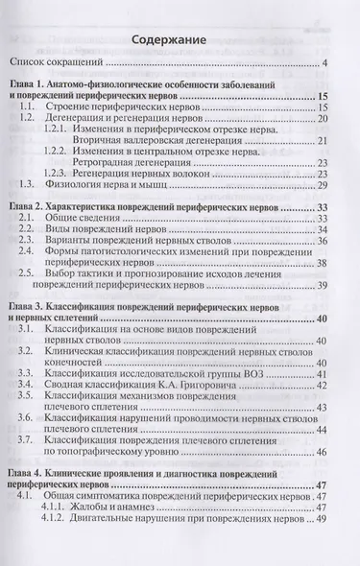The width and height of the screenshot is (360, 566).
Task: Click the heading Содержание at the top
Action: click(x=180, y=40)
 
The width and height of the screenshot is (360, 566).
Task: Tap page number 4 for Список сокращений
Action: click(x=325, y=65)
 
